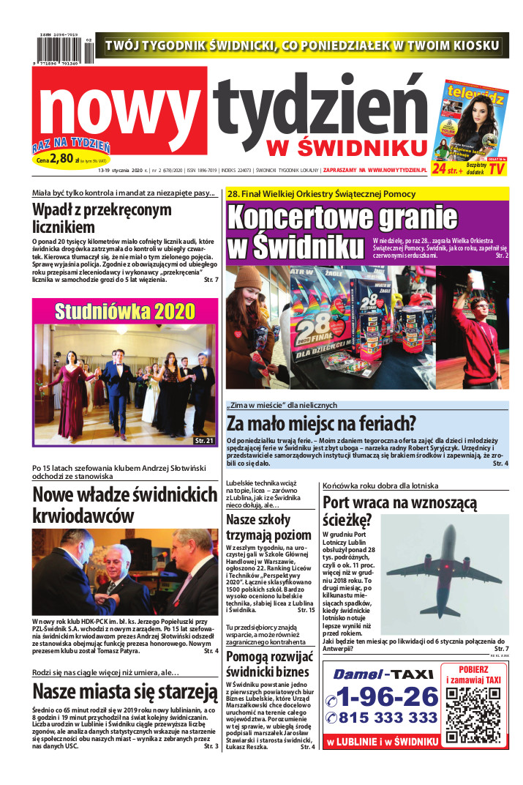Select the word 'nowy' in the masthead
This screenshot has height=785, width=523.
[117, 114]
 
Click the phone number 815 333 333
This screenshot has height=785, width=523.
[383, 718]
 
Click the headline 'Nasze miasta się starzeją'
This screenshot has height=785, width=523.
[121, 692]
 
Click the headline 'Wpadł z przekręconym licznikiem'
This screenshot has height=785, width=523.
[102, 218]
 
